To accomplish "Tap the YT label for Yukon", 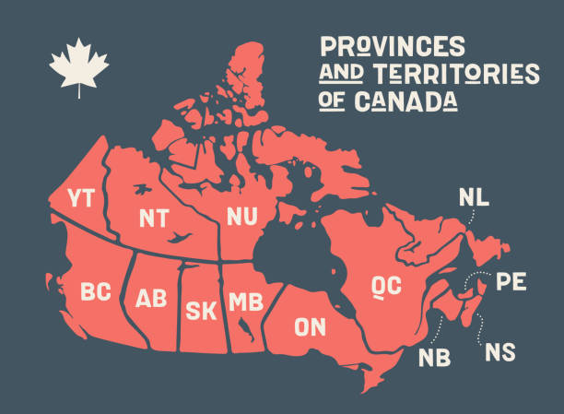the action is [79, 198].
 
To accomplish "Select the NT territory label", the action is [153, 218].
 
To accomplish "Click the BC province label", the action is [96, 292].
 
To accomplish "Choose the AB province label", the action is [151, 298].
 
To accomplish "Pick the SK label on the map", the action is [201, 310].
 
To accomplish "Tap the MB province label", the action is [245, 302].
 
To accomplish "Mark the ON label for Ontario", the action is [310, 325].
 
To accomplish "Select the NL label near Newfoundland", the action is [475, 197].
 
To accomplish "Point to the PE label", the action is [511, 281].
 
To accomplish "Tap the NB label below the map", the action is [434, 357].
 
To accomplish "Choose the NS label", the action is [501, 351].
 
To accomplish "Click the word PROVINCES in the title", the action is [393, 46].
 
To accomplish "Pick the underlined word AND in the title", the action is [337, 74].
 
